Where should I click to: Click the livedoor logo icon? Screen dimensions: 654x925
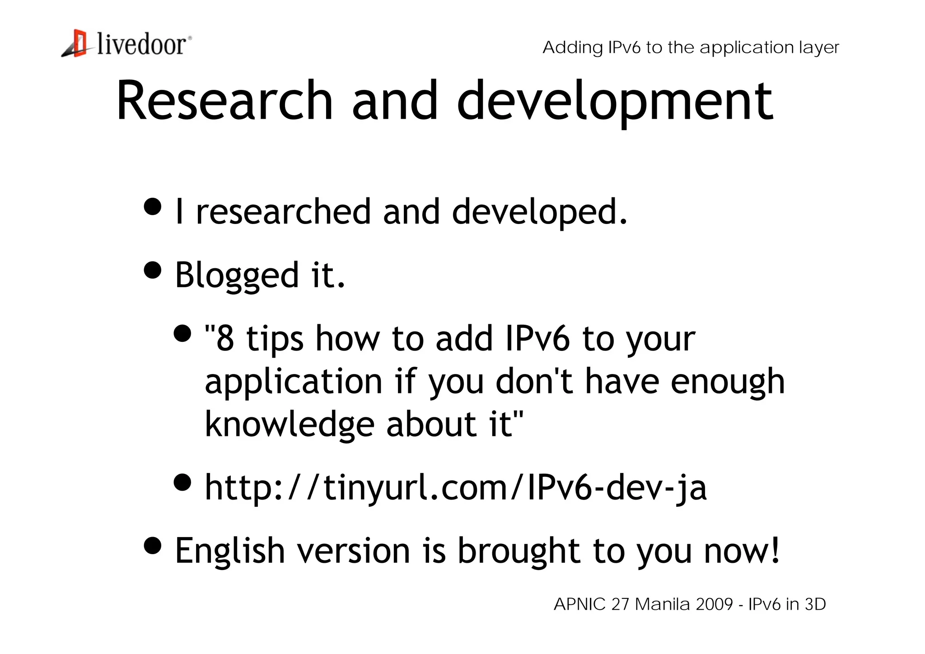coord(75,44)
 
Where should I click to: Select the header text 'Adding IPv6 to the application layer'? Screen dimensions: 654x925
coord(691,47)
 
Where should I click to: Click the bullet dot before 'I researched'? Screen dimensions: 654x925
coord(153,206)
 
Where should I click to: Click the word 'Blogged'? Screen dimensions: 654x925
coord(237,275)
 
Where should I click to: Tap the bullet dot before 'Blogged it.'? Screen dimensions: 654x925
coord(153,270)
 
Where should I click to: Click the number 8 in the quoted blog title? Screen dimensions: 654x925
coord(225,338)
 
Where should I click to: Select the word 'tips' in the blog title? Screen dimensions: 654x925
coord(275,339)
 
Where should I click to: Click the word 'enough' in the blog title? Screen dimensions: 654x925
coord(728,382)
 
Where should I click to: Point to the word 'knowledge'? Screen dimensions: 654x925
coord(290,425)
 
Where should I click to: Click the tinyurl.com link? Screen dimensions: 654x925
coord(455,488)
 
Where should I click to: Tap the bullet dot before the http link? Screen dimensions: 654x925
coord(182,482)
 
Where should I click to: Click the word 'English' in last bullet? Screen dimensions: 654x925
coord(229,551)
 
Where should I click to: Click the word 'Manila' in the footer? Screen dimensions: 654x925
coord(662,604)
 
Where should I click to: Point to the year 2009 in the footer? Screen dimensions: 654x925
coord(715,604)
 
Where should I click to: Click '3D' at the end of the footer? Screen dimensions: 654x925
coord(815,604)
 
